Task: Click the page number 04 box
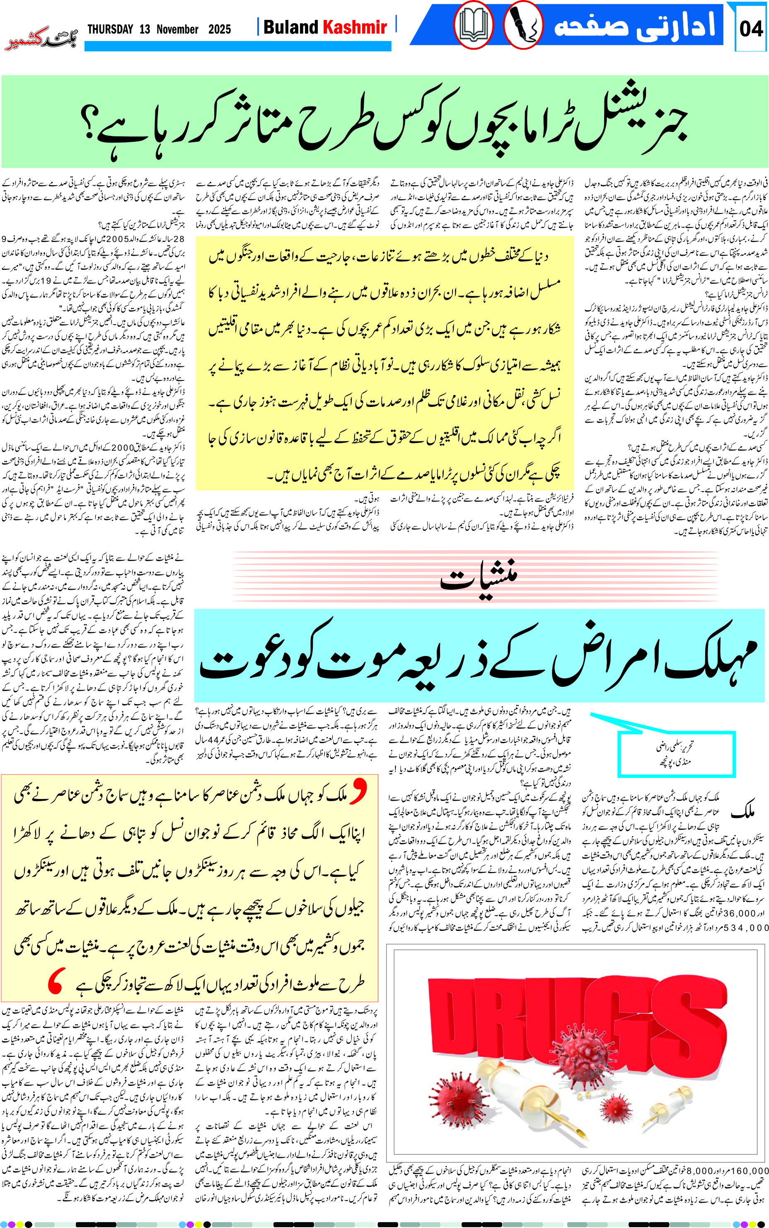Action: (x=751, y=29)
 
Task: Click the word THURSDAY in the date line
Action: (x=110, y=29)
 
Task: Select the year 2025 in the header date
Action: (x=219, y=29)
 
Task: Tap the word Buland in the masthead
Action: (x=290, y=27)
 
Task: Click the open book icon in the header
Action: (x=473, y=25)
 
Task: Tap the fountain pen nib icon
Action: (x=523, y=25)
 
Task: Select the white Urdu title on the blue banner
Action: (x=634, y=25)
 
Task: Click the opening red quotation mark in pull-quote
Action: (x=358, y=792)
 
